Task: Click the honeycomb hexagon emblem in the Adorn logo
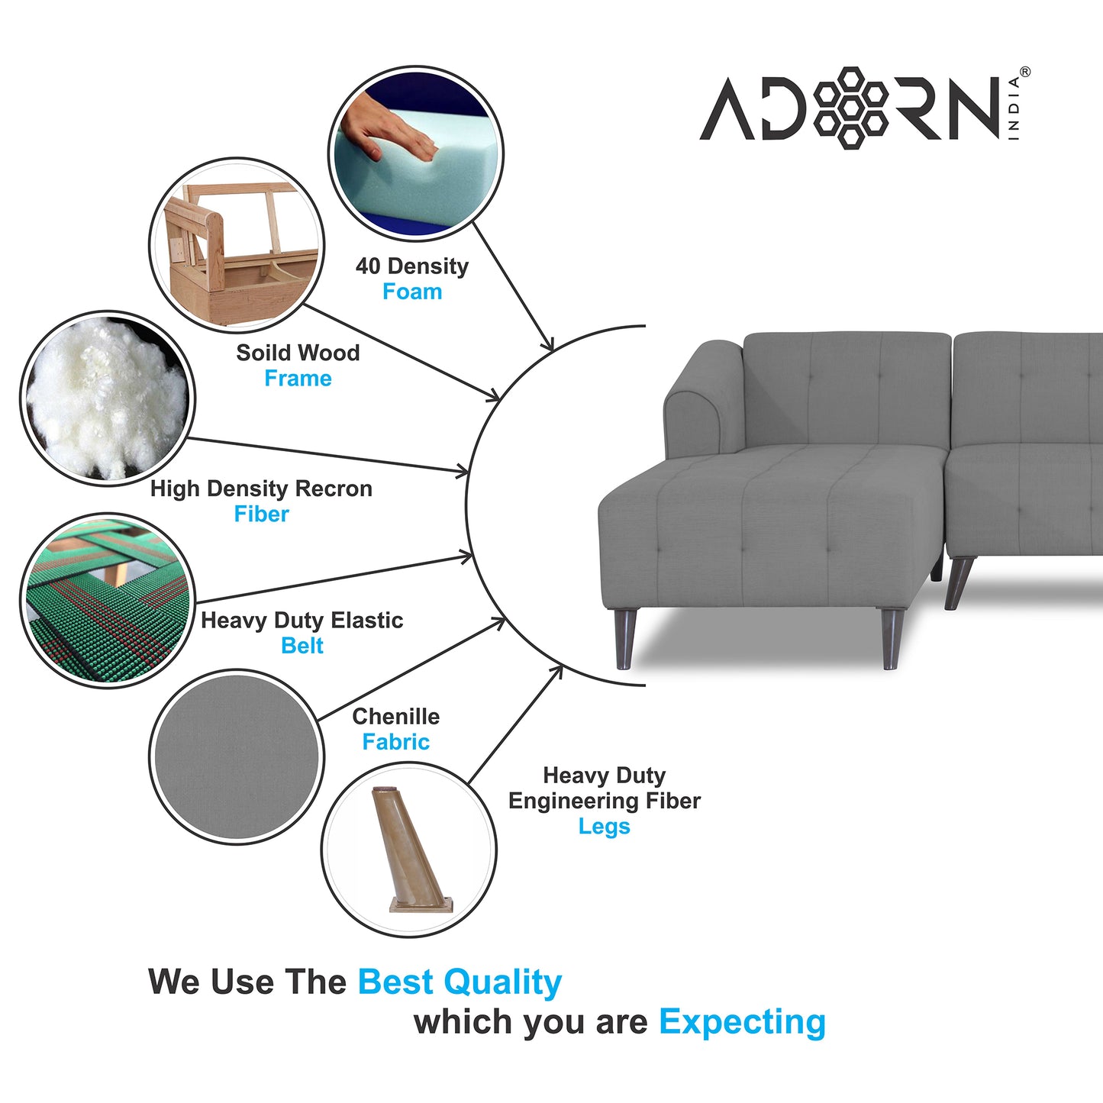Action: (x=850, y=108)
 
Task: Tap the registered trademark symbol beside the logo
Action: (x=1024, y=72)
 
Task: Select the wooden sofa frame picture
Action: (x=237, y=245)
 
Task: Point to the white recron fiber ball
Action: (x=108, y=399)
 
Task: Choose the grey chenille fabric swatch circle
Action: (x=237, y=756)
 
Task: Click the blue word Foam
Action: (x=412, y=292)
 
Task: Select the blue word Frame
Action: (x=298, y=379)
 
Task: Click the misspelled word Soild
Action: (x=263, y=353)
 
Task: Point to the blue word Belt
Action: (x=302, y=646)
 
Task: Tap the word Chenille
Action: (x=396, y=716)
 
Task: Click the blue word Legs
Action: (x=604, y=827)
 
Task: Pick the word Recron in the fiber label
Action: (x=334, y=489)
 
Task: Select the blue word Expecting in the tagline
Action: (x=743, y=1022)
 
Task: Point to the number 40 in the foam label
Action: (x=367, y=266)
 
